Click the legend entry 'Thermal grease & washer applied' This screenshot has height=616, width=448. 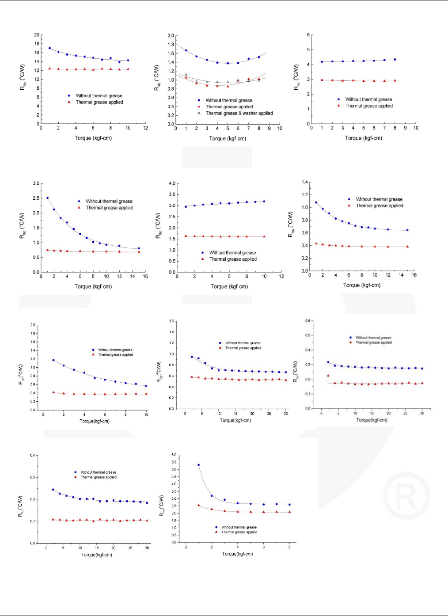coord(239,113)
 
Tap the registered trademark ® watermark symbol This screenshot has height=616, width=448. coord(406,495)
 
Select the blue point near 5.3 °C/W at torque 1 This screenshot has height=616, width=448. coord(198,465)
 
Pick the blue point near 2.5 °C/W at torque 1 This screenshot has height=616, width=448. coord(47,198)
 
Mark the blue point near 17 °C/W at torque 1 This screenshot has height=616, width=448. coord(49,48)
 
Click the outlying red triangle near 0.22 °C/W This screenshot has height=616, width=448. coord(328,376)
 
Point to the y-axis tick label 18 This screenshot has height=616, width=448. coord(37,44)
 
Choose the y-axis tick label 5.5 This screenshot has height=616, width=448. coord(174,462)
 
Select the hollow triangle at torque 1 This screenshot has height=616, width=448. coord(186,75)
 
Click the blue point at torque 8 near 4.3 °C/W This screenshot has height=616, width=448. coord(395,59)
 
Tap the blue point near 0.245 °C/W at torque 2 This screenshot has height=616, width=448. coord(53,490)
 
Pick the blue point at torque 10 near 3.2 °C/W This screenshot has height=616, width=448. coord(264,202)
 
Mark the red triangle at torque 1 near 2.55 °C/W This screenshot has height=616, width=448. coord(198,505)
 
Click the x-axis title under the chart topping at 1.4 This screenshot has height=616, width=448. coord(361,285)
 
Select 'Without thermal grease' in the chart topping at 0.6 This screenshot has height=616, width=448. coord(373,338)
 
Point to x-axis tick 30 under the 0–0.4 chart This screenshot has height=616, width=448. coord(147,548)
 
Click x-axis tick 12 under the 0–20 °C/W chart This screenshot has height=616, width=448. coord(145,128)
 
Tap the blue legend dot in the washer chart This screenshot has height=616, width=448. coord(199,100)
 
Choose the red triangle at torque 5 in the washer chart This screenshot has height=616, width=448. coord(228,86)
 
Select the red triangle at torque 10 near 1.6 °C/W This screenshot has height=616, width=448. coord(264,236)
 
